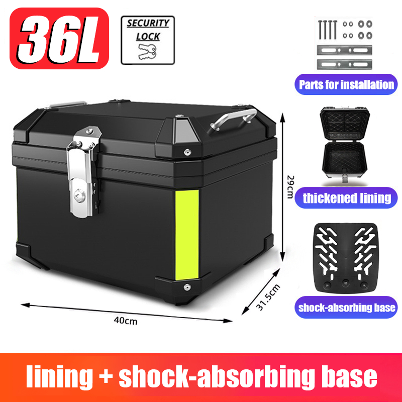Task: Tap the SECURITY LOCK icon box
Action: [x=147, y=40]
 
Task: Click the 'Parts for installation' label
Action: [x=347, y=84]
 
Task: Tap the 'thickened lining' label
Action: [x=347, y=197]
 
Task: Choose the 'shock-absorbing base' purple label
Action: [x=347, y=308]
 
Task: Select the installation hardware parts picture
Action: [x=346, y=43]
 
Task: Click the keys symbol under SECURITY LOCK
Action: [x=147, y=50]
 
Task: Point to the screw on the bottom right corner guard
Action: [x=186, y=287]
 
